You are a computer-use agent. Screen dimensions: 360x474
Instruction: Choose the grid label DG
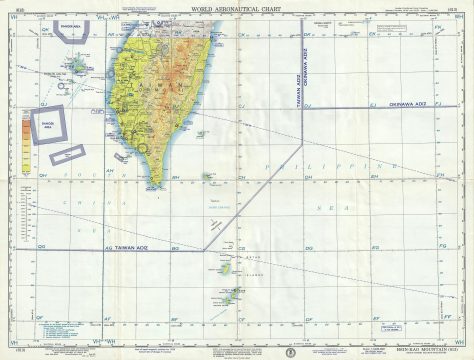click(41, 247)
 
